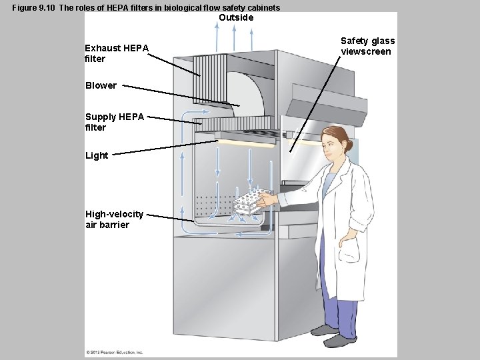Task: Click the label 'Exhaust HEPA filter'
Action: click(117, 53)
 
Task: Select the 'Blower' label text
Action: click(101, 85)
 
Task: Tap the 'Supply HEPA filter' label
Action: click(114, 122)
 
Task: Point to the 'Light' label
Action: click(96, 155)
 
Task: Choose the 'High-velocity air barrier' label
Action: click(114, 219)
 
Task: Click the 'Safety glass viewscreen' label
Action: click(367, 46)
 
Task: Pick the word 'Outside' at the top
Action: click(236, 18)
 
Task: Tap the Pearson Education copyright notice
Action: click(114, 351)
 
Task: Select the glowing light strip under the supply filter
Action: click(247, 143)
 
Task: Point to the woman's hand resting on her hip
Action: click(349, 235)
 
